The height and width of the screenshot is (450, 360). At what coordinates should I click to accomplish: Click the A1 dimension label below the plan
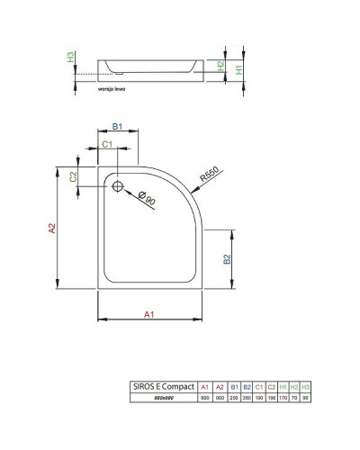pyautogui.click(x=150, y=313)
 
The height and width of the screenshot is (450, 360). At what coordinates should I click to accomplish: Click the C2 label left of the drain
pyautogui.click(x=74, y=176)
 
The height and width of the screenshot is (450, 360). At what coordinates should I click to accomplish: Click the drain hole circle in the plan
pyautogui.click(x=116, y=185)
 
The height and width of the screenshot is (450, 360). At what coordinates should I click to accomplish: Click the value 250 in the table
pyautogui.click(x=232, y=398)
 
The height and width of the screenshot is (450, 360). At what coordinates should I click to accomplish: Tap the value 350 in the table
pyautogui.click(x=247, y=398)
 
